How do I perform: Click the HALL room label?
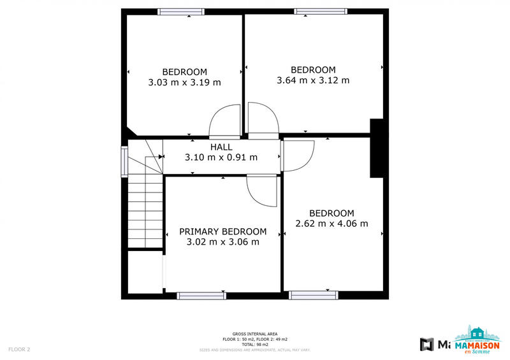pyautogui.click(x=221, y=147)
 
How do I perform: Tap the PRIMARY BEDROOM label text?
pyautogui.click(x=222, y=231)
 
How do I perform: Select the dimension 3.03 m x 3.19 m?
pyautogui.click(x=184, y=82)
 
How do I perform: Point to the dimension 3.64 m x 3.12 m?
pyautogui.click(x=313, y=80)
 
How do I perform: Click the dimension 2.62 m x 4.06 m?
pyautogui.click(x=331, y=224)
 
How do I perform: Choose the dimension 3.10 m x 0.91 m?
pyautogui.click(x=221, y=157)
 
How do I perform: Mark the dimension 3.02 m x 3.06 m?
pyautogui.click(x=222, y=242)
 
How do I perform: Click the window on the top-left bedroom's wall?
pyautogui.click(x=181, y=11)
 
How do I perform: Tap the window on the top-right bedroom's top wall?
pyautogui.click(x=321, y=11)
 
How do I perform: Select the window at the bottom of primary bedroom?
pyautogui.click(x=201, y=295)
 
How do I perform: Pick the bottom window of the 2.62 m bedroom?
pyautogui.click(x=313, y=295)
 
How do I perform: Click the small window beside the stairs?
pyautogui.click(x=125, y=161)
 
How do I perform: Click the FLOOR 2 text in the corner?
pyautogui.click(x=19, y=349)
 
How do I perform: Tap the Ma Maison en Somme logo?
pyautogui.click(x=477, y=338)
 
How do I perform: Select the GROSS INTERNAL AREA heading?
pyautogui.click(x=255, y=334)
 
